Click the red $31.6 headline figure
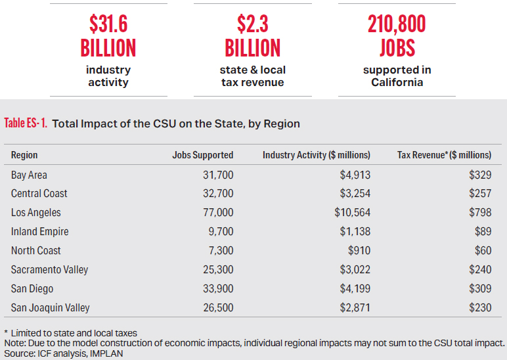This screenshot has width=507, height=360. (108, 25)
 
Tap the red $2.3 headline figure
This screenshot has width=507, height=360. (253, 25)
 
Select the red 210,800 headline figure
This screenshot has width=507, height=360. (397, 25)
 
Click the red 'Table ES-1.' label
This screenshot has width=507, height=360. (26, 123)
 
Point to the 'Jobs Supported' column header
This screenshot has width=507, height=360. (202, 156)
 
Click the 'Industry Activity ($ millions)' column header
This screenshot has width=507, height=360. (317, 156)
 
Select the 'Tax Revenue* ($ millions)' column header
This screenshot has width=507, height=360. (445, 156)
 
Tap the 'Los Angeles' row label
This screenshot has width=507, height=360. (36, 213)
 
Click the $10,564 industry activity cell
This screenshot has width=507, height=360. (352, 213)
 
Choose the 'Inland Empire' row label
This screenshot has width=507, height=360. (39, 232)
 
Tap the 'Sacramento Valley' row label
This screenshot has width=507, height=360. (49, 270)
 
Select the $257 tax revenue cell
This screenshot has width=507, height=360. (479, 194)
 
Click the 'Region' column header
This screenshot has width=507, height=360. (24, 156)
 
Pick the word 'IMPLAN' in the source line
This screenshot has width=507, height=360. (106, 353)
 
